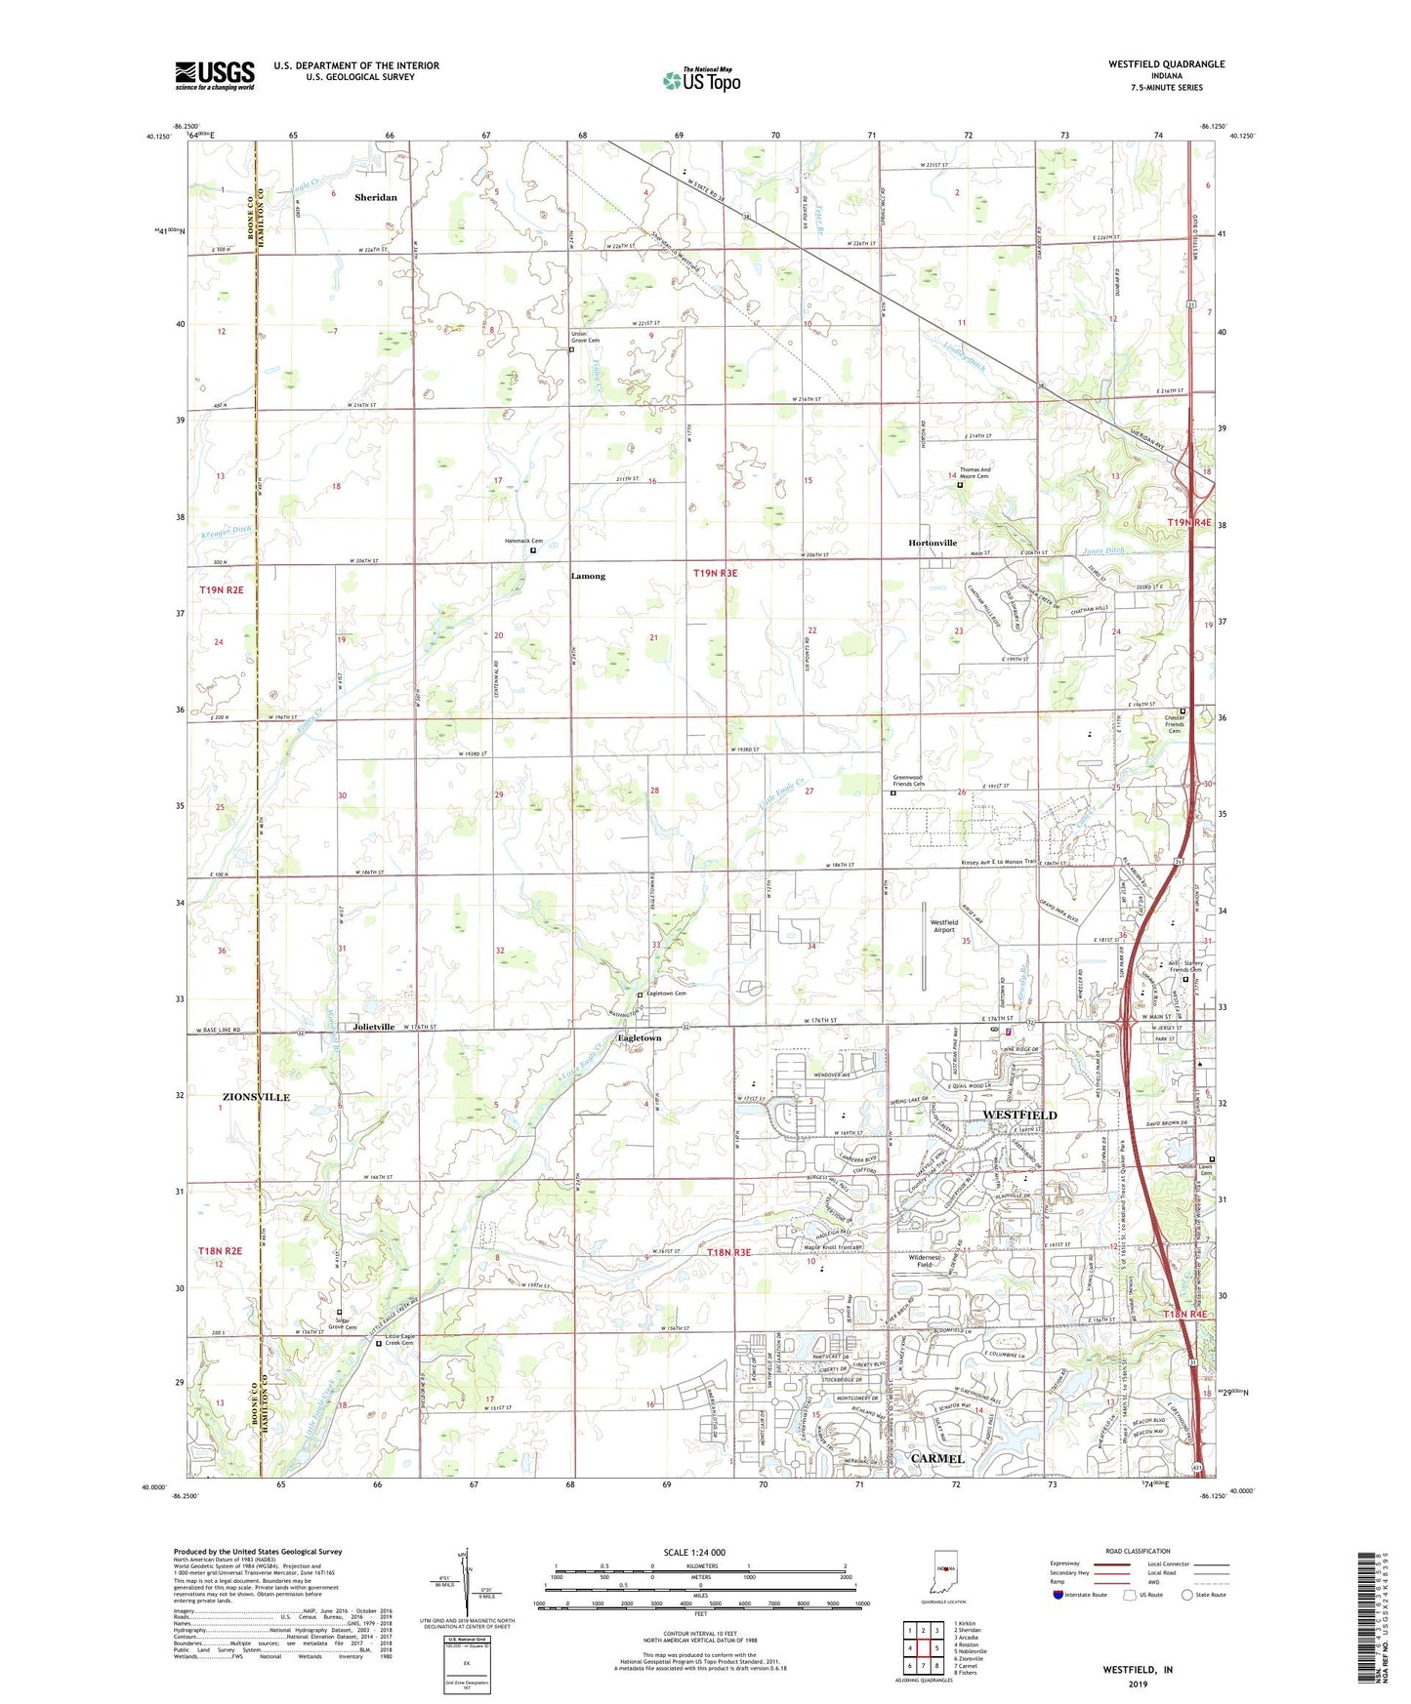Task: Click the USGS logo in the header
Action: [x=215, y=75]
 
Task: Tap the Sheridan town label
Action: [x=376, y=197]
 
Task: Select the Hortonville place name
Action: [x=933, y=543]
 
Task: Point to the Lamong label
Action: [x=588, y=576]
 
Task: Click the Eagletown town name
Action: [x=639, y=1038]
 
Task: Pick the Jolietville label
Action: [x=374, y=1027]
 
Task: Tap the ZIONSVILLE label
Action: [x=255, y=1097]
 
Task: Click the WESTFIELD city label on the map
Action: [x=1019, y=1115]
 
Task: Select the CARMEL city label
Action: [x=936, y=1458]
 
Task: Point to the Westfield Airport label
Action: [x=943, y=926]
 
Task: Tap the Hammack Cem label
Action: [x=523, y=541]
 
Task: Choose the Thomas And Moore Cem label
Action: [x=974, y=472]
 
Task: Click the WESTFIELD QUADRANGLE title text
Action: [x=1166, y=64]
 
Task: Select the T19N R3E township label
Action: [x=715, y=574]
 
